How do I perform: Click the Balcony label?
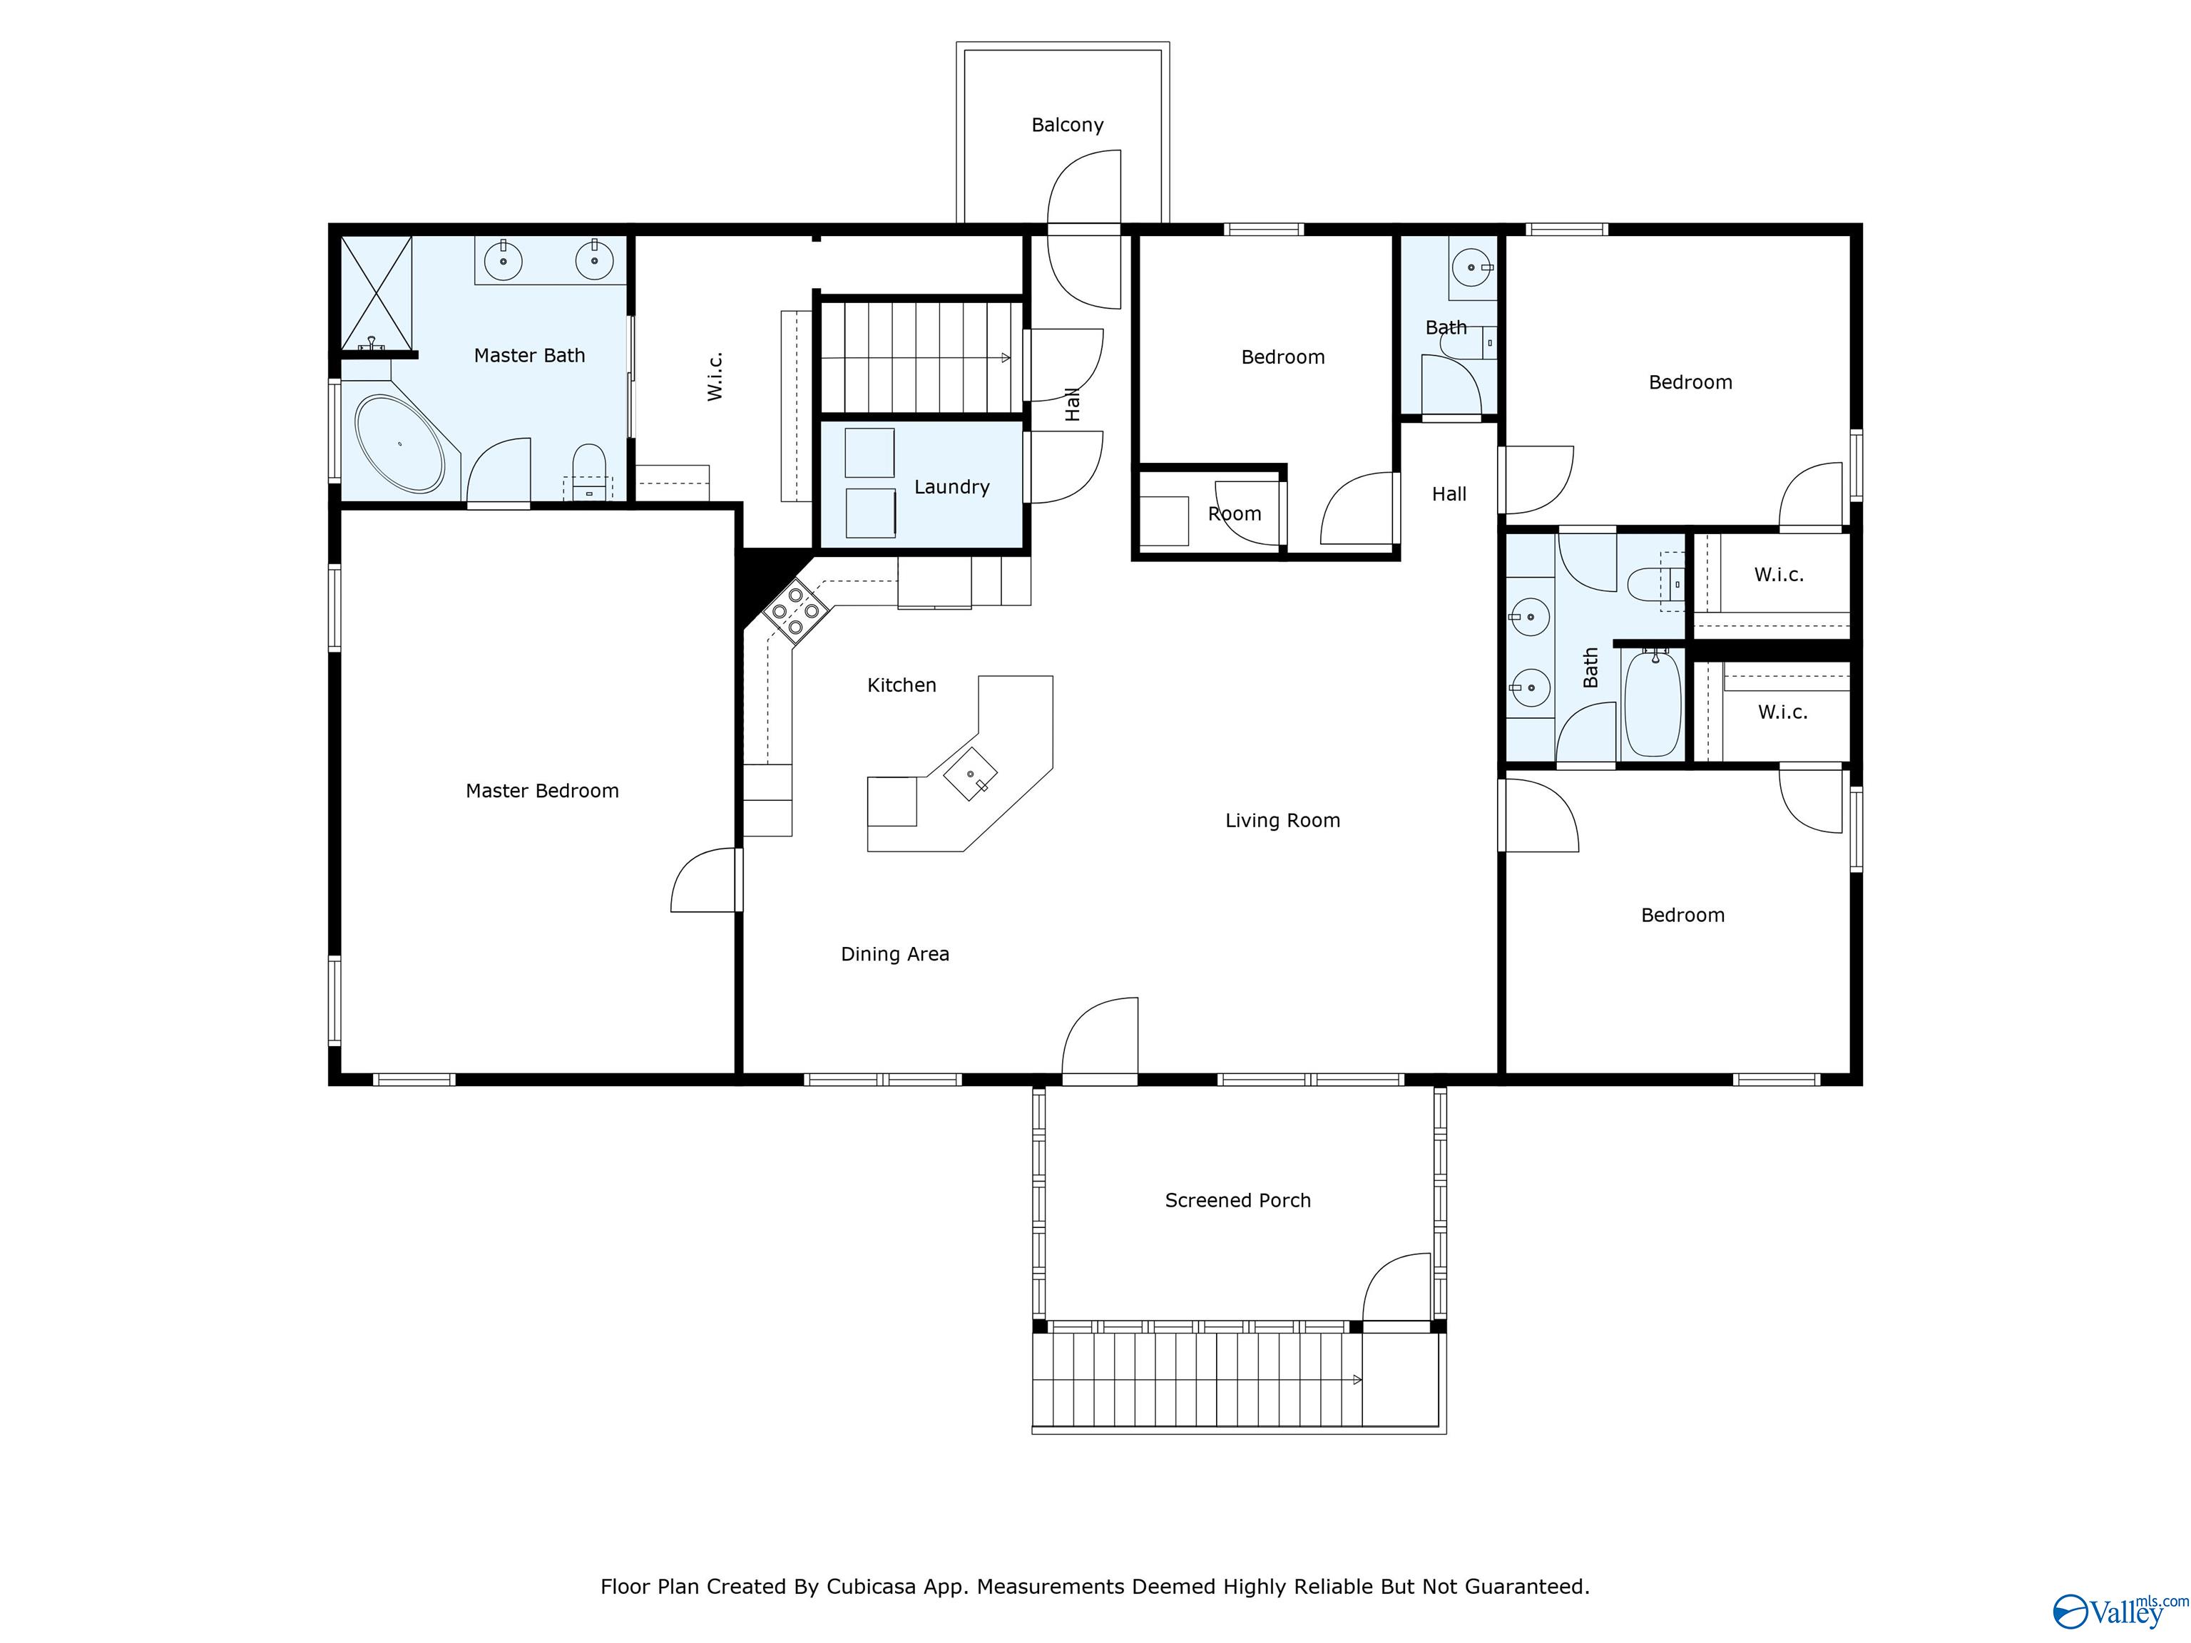1067,125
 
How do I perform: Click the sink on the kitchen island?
971,774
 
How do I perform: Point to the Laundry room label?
951,486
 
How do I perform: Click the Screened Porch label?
1237,1200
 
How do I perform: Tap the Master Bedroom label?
542,790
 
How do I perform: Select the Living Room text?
1282,820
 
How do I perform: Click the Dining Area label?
894,953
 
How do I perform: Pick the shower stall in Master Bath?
377,293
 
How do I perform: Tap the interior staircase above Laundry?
919,357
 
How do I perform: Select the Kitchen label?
902,685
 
